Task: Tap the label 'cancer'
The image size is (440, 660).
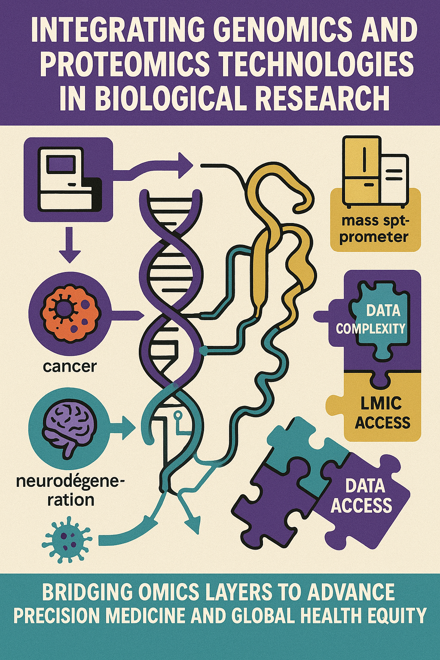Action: (x=70, y=367)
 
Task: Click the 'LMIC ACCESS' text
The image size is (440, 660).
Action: (x=382, y=413)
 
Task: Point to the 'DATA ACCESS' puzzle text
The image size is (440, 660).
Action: (x=362, y=496)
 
